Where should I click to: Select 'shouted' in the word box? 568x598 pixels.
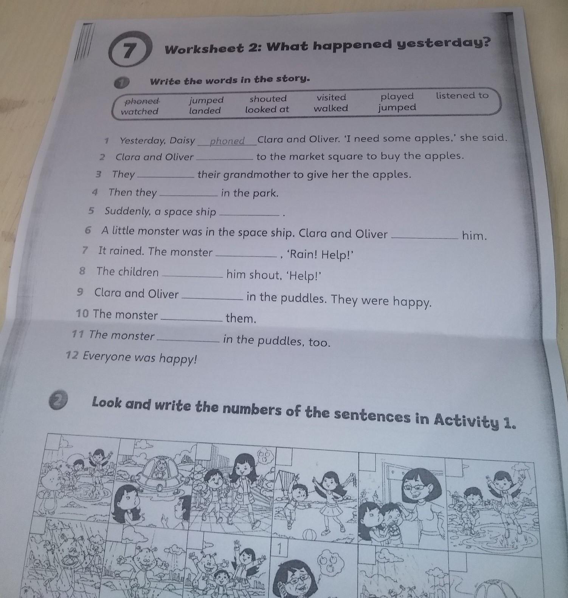coord(268,99)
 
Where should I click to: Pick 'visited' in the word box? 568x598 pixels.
coord(331,98)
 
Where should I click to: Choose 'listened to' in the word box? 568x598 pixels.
coord(462,95)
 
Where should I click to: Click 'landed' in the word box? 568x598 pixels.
coord(205,110)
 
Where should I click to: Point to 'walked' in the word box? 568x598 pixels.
coord(331,108)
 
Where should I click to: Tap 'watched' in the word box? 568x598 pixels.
coord(140,111)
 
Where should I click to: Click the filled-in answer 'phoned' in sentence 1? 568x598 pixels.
coord(227,141)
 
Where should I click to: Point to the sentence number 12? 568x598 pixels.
coord(72,356)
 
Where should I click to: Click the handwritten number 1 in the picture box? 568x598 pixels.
coord(280,549)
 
